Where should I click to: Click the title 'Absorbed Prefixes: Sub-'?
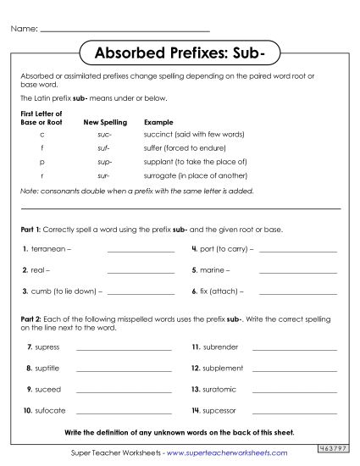click(x=179, y=56)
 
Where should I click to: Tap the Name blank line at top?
click(x=125, y=31)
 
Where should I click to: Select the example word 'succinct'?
click(x=163, y=134)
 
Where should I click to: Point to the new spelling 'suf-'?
click(x=104, y=147)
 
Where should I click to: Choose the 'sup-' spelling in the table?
click(x=104, y=161)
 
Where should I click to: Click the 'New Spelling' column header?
click(x=104, y=122)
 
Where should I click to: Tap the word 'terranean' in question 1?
click(x=48, y=250)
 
